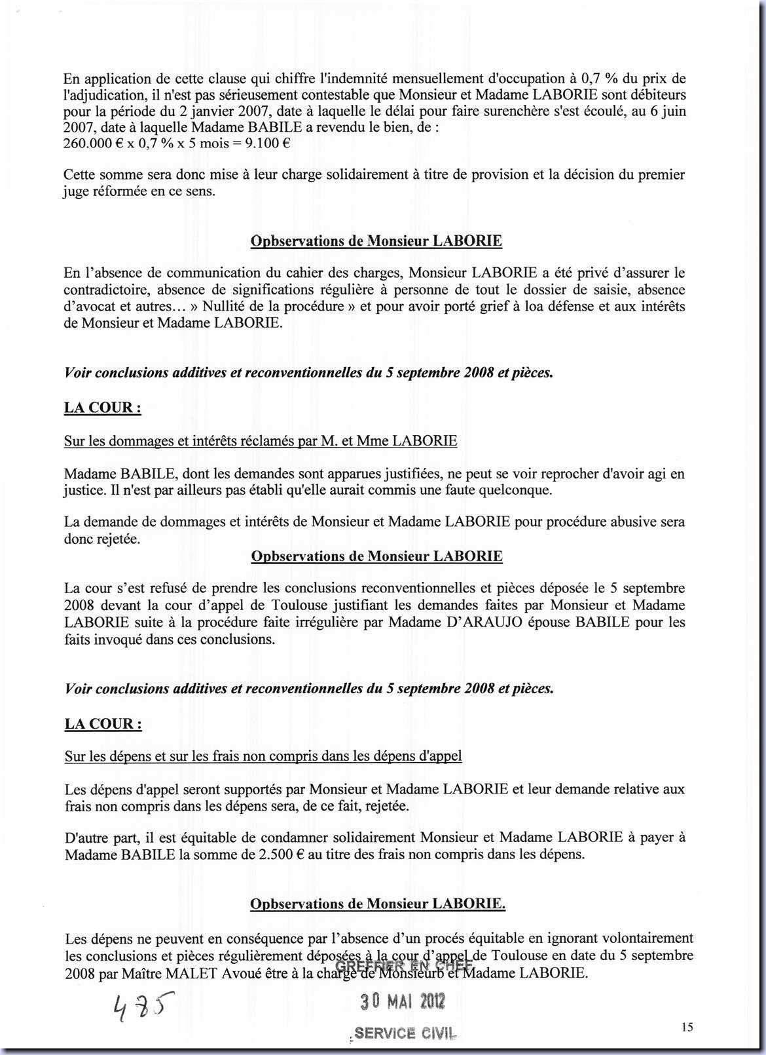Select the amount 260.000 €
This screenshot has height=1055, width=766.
coord(89,144)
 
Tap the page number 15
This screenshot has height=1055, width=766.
coord(687,1027)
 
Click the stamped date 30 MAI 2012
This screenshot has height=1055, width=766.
coord(403,1001)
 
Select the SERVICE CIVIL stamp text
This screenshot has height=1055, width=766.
coord(404,1033)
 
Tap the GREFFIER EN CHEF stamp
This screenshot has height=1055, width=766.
coord(403,965)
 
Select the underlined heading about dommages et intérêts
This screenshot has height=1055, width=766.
coord(261,440)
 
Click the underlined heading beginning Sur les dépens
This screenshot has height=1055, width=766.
coord(263,756)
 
